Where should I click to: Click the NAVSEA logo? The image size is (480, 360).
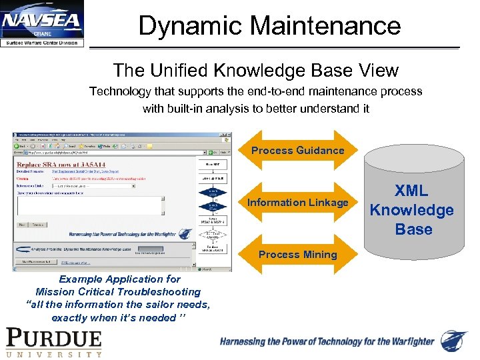pyautogui.click(x=43, y=24)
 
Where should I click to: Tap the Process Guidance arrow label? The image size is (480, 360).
pyautogui.click(x=297, y=151)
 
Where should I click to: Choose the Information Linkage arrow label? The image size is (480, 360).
pyautogui.click(x=297, y=203)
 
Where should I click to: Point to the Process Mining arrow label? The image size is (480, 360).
pyautogui.click(x=297, y=255)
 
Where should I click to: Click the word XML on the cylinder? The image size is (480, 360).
pyautogui.click(x=411, y=191)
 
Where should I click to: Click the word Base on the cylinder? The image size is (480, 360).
pyautogui.click(x=413, y=229)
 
